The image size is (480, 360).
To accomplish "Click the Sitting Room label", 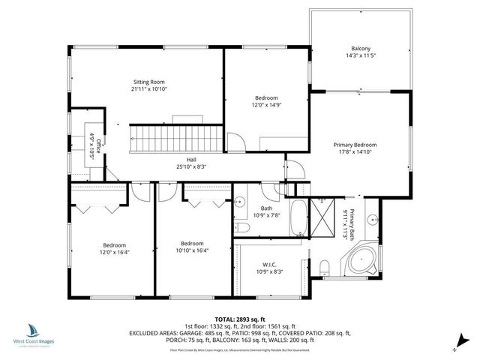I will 148,82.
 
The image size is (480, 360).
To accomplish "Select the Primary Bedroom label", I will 355,145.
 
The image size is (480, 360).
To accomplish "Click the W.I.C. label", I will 270,264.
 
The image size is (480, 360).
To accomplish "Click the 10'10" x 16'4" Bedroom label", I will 192,247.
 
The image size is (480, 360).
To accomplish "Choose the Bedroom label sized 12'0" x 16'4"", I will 114,249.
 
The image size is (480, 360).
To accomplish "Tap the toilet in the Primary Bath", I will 325,265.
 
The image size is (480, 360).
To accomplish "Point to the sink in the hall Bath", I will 241,202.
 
